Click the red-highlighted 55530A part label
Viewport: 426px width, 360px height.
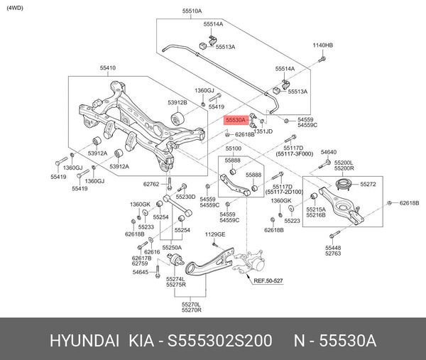(235, 121)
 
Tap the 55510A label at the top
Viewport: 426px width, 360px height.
(192, 12)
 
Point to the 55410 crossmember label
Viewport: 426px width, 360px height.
(108, 68)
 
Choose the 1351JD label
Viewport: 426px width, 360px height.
(263, 131)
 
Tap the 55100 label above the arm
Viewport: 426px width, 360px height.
(234, 149)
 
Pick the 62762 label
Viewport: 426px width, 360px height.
(151, 184)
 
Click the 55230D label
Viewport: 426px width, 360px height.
(185, 197)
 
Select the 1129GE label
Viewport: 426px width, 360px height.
(215, 234)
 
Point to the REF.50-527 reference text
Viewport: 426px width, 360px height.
(268, 281)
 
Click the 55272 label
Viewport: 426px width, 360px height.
(368, 184)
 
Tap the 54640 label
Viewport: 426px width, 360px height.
(329, 152)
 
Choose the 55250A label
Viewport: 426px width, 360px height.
(172, 248)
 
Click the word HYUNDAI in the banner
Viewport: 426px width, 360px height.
(84, 341)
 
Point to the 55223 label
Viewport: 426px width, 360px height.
(292, 221)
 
